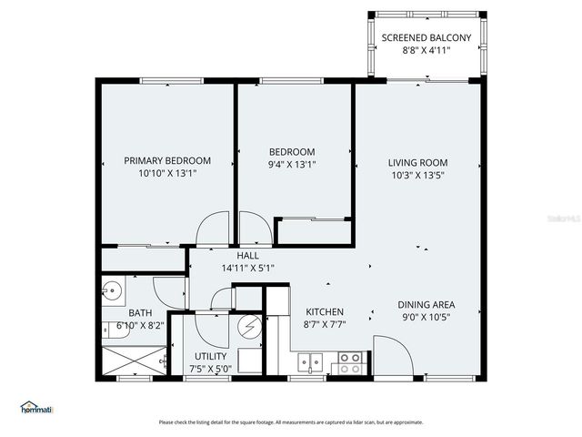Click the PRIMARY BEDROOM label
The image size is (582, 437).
click(x=167, y=160)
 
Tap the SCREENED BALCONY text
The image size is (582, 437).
click(x=426, y=37)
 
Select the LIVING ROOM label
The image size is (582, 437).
click(x=418, y=163)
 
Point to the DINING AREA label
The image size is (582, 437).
click(x=426, y=305)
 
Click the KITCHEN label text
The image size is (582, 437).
click(x=324, y=310)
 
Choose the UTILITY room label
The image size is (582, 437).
click(x=211, y=356)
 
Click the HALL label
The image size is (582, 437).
click(x=248, y=256)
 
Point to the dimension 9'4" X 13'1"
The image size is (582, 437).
click(x=292, y=165)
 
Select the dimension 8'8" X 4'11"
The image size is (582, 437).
click(x=426, y=50)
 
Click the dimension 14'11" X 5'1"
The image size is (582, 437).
click(x=248, y=268)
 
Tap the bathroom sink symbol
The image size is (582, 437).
click(x=113, y=292)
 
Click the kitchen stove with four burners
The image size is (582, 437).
click(x=349, y=363)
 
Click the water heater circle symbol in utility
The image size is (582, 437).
click(x=249, y=327)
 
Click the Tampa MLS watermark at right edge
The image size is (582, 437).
click(x=567, y=219)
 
